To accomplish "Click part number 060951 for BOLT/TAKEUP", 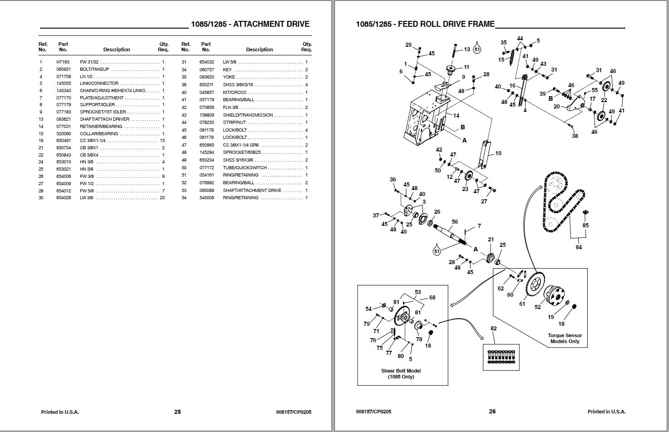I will click(64, 69).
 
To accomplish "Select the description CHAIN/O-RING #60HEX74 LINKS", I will click(113, 91).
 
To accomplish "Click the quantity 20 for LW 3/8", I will click(162, 198).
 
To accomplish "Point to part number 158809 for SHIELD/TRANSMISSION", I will click(207, 115).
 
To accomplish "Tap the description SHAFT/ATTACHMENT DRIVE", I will click(252, 191).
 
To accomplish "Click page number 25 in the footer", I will click(177, 412).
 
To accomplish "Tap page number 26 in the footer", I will click(492, 412).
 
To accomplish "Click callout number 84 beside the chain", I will click(579, 247).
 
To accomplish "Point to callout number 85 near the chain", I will click(585, 226).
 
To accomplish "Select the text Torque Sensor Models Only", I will click(565, 339).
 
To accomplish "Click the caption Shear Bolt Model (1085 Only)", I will click(401, 373).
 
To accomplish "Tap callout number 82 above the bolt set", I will click(493, 329).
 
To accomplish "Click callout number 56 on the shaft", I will click(455, 222).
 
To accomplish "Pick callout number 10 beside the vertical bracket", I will click(498, 153).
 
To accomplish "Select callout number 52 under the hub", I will click(538, 307).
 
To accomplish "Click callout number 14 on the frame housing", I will click(456, 116).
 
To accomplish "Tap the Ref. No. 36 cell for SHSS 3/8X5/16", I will click(184, 85).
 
